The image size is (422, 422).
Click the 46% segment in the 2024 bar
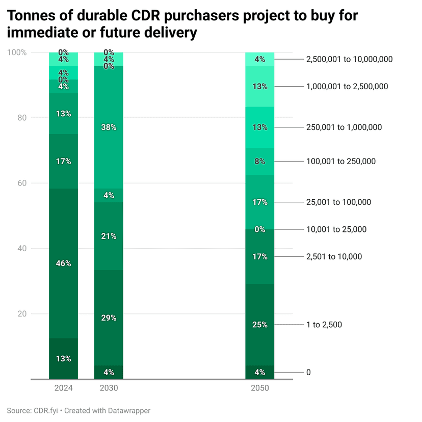coord(64,263)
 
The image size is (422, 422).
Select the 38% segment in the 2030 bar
coord(109,127)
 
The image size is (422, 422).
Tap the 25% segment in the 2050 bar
coord(260,325)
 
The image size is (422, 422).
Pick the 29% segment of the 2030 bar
coord(109,318)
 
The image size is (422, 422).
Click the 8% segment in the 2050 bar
coord(260,162)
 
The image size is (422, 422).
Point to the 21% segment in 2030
coord(109,236)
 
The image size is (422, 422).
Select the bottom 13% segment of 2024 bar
coord(64,359)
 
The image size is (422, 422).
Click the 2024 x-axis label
coord(64,388)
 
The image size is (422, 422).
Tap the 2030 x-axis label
coord(109,388)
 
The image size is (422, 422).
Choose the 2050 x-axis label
coord(260,388)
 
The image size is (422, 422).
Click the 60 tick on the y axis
coord(22,183)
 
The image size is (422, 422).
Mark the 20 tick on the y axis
coord(22,313)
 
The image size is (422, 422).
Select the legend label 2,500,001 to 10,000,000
coord(349,59)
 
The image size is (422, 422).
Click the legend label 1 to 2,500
coord(324,325)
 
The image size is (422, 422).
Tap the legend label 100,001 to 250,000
coord(341,162)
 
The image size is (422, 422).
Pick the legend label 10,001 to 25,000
coord(336,229)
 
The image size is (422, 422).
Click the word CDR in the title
coord(138,16)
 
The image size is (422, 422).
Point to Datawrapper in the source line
coord(127,410)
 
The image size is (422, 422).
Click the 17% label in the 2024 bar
coord(64,162)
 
